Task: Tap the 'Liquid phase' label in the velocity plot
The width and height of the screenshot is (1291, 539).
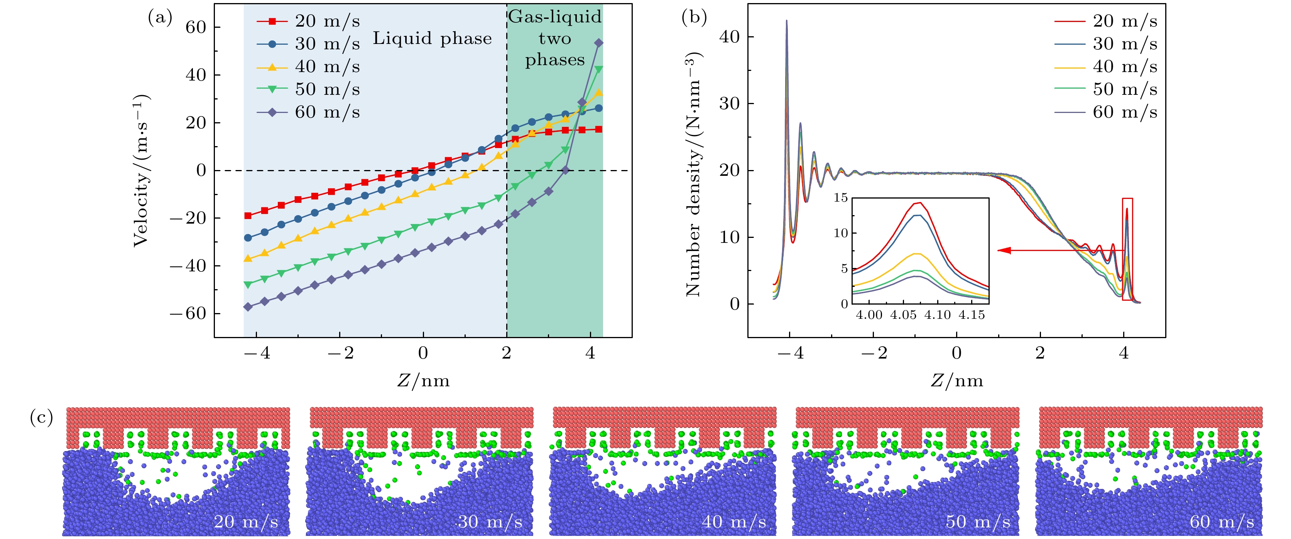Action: click(432, 39)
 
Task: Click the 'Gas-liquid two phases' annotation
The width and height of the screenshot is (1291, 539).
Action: click(554, 39)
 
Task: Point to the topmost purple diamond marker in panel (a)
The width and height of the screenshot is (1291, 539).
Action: click(598, 44)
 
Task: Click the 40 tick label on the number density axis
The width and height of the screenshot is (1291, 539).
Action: click(729, 37)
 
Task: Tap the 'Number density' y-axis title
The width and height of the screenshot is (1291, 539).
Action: click(693, 175)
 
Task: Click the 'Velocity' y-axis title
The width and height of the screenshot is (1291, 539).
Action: click(141, 170)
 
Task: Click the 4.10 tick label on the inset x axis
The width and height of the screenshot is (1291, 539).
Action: click(937, 315)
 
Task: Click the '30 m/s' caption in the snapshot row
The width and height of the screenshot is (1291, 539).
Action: click(490, 522)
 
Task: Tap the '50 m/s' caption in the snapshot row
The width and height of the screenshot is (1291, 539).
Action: click(978, 522)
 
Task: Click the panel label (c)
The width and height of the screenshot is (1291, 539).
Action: click(42, 417)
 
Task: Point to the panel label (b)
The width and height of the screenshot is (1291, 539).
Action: click(694, 17)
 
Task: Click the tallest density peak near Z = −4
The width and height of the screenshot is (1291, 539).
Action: click(786, 22)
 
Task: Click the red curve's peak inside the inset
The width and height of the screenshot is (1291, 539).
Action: click(920, 203)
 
